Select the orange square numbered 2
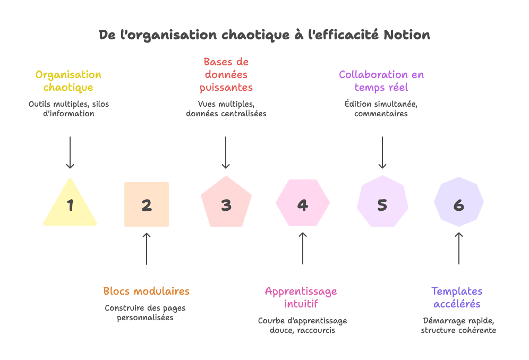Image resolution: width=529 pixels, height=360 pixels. (147, 205)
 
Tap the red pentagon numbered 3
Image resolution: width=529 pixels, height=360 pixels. (226, 204)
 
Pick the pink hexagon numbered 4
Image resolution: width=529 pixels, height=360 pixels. (303, 204)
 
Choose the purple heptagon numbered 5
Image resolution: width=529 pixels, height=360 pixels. (382, 204)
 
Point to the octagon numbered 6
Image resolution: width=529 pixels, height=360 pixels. (459, 204)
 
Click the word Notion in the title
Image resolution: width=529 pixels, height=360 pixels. (407, 35)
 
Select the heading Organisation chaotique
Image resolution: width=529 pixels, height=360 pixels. (69, 81)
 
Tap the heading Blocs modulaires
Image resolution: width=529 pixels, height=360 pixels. (146, 291)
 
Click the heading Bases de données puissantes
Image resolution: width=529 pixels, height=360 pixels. (226, 74)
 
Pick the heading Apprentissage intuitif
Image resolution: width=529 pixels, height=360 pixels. (301, 297)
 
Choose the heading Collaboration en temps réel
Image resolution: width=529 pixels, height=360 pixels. (381, 81)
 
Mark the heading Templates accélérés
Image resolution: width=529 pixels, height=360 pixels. (457, 297)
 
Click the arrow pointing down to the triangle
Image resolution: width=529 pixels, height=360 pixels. (70, 152)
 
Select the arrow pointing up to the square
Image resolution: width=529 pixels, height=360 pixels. (147, 248)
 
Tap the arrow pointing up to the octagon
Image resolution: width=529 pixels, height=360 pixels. (459, 248)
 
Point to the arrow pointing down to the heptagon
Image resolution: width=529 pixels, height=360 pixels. (382, 152)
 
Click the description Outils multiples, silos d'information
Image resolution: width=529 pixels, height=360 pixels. (69, 109)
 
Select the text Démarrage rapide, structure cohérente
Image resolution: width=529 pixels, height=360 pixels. (458, 325)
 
